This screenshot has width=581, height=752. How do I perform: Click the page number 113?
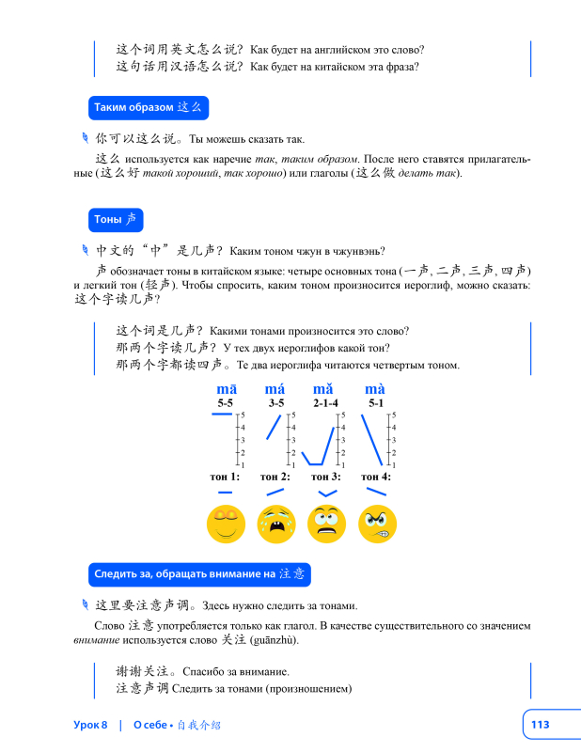tap(540, 724)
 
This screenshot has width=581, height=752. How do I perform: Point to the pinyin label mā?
tap(227, 389)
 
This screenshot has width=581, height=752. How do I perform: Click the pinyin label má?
tap(275, 389)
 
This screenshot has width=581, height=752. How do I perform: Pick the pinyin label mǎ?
tap(324, 389)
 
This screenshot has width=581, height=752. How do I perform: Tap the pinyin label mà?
tap(375, 389)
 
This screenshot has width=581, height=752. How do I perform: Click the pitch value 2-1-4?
tap(326, 403)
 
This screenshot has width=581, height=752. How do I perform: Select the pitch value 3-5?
tap(275, 403)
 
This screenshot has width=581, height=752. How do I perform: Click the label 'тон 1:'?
tap(226, 477)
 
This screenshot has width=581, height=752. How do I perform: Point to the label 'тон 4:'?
tap(376, 477)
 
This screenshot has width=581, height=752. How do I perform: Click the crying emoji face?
tap(276, 524)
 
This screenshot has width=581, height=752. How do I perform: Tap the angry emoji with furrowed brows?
tap(377, 524)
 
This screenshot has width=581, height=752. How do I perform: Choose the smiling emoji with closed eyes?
tap(226, 524)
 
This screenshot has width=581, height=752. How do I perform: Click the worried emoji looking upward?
tap(326, 524)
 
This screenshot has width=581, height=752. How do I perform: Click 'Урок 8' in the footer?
tap(91, 725)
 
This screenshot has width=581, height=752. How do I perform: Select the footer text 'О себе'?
tap(149, 725)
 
